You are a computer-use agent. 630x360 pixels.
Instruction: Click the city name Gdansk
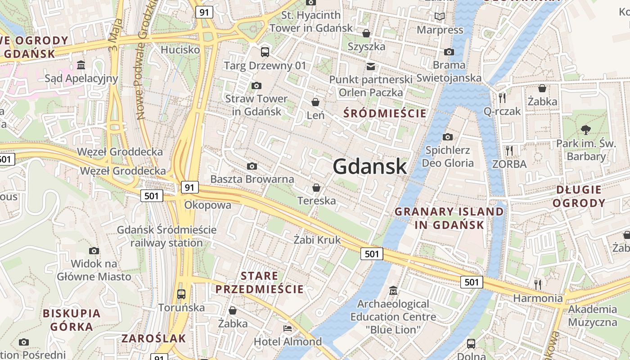point(370,166)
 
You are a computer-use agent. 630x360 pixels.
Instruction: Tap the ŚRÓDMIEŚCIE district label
point(385,113)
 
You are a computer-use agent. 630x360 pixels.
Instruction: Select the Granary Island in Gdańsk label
point(449,218)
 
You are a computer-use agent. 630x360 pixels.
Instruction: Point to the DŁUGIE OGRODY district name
point(579,196)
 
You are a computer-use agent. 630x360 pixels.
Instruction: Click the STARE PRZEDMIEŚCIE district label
point(259,283)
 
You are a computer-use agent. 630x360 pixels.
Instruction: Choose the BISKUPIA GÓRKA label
point(72,320)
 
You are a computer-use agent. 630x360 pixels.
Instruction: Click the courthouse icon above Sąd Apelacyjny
point(81,65)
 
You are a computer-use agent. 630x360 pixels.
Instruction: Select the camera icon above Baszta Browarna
point(252,166)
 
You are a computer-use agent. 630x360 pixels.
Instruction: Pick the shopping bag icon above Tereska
point(316,187)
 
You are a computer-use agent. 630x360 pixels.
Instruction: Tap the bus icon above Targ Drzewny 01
point(265,52)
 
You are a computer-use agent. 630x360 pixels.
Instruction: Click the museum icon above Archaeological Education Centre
point(393,290)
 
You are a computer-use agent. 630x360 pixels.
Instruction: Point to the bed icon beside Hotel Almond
point(288,328)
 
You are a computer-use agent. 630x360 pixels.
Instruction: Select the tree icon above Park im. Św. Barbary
point(585,130)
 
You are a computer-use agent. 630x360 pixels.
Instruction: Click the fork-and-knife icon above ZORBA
point(509,150)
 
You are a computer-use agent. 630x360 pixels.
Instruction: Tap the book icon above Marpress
point(439,17)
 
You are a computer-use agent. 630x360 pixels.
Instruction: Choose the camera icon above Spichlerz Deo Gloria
point(447,137)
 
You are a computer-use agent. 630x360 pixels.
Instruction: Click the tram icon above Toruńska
point(181,294)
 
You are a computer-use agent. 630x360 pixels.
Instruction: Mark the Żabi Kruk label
point(317,240)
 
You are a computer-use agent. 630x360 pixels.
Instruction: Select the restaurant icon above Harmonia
point(537,284)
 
